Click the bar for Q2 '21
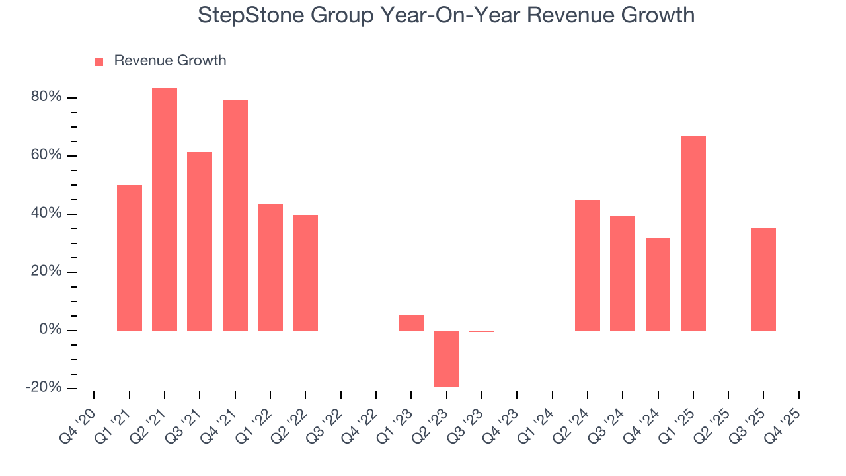pos(165,209)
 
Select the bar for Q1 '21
pos(130,258)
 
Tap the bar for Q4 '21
pos(235,215)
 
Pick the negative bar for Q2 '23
pos(447,358)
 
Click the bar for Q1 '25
pos(693,233)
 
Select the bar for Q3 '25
pos(763,279)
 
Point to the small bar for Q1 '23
pos(411,323)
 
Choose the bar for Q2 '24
pos(588,265)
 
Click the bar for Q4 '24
pos(658,284)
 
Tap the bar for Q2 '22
pos(305,272)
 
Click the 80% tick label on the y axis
pos(46,97)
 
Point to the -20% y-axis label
pos(44,388)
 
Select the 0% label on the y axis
pos(50,330)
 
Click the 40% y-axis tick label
pos(46,214)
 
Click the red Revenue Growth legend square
pos(99,61)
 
